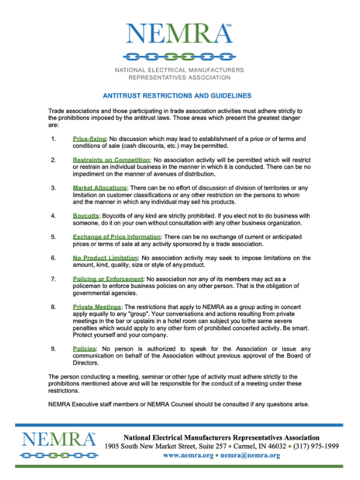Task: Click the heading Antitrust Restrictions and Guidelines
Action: [x=177, y=95]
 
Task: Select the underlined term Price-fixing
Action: [x=89, y=139]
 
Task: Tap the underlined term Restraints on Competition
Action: [x=112, y=160]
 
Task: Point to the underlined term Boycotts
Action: [x=86, y=215]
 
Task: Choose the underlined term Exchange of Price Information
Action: [x=116, y=236]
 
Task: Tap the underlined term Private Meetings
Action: [x=96, y=307]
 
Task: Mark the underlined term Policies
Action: [x=85, y=349]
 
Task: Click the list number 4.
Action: [x=53, y=215]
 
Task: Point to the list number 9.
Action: [x=53, y=349]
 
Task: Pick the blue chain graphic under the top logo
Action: [x=178, y=57]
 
